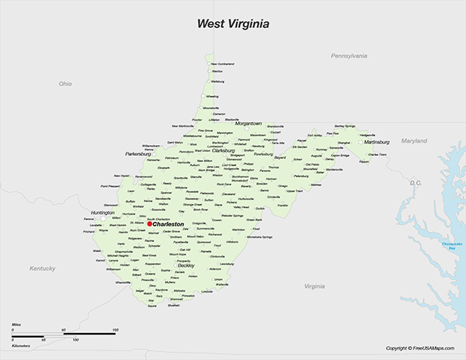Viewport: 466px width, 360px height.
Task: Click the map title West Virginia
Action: click(x=232, y=24)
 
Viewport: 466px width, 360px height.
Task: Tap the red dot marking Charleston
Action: click(x=150, y=224)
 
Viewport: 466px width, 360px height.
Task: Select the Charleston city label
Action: click(x=169, y=224)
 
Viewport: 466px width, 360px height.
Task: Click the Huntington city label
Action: click(x=102, y=213)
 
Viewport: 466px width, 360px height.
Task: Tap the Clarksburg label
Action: click(x=228, y=151)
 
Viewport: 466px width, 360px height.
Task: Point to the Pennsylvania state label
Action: click(x=349, y=56)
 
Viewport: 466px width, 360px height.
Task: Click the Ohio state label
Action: click(x=64, y=83)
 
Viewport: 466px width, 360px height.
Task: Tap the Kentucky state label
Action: click(x=43, y=268)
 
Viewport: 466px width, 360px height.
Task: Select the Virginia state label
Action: click(x=315, y=286)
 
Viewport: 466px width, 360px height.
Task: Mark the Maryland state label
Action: click(x=414, y=140)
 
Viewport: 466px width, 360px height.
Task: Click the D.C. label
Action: click(x=414, y=183)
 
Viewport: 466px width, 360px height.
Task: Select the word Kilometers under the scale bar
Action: click(x=20, y=346)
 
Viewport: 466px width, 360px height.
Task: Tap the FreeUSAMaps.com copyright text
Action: click(x=420, y=348)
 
